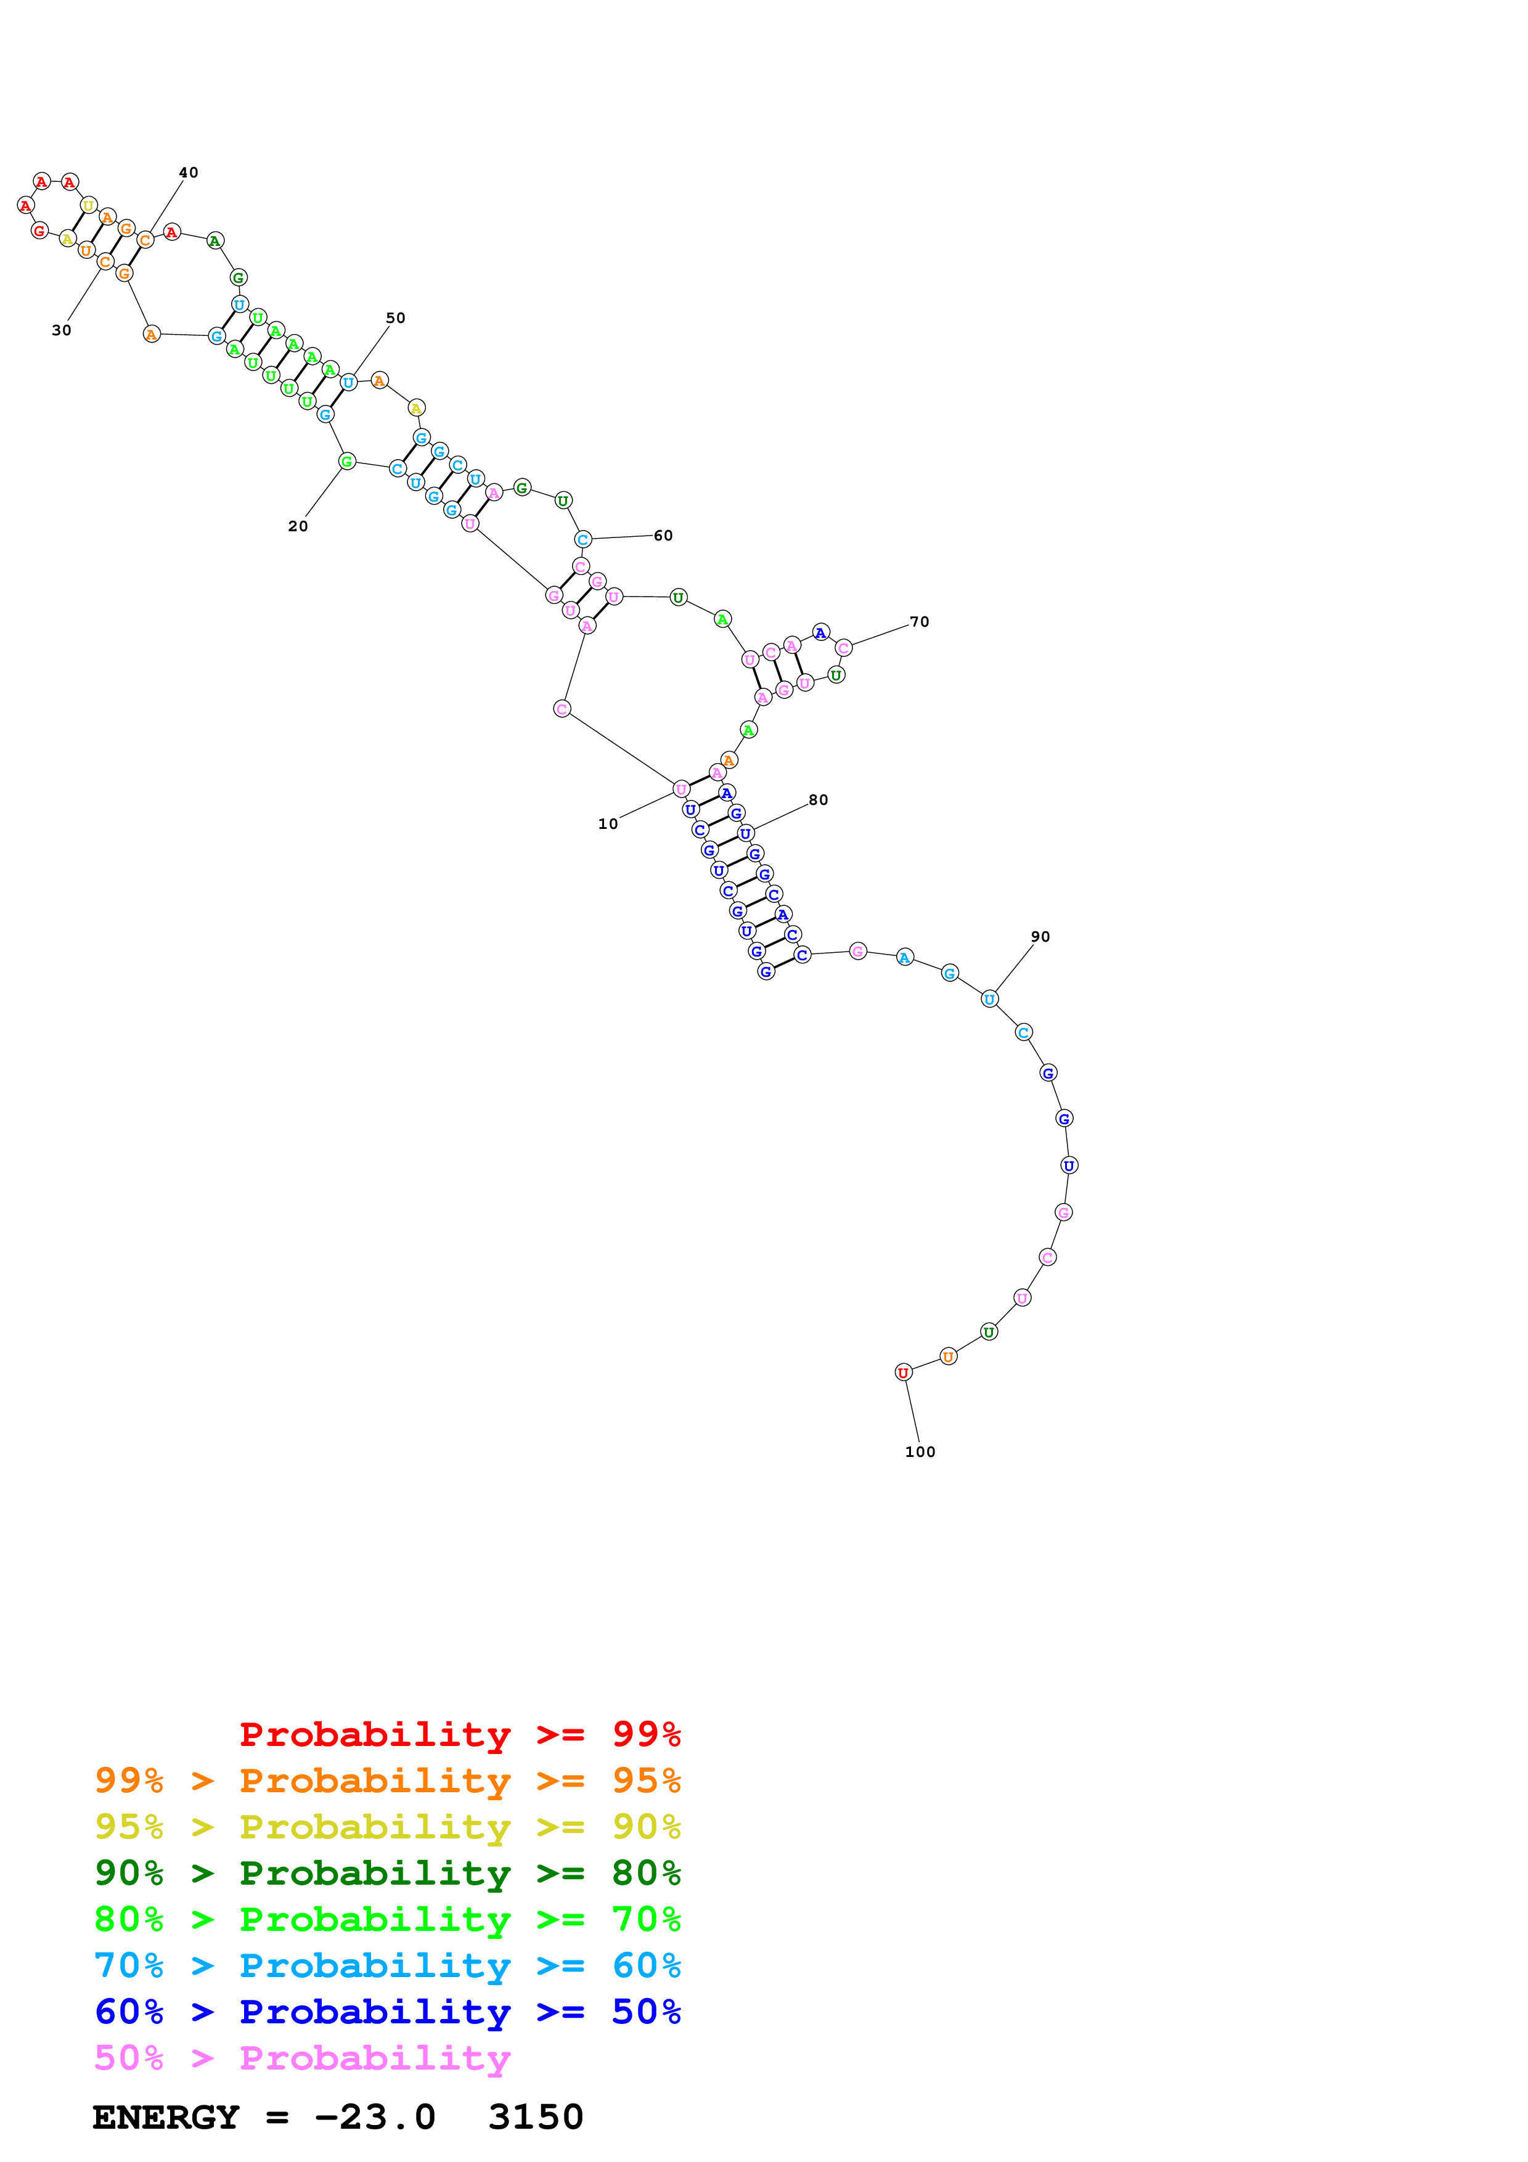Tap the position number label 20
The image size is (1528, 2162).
[x=298, y=526]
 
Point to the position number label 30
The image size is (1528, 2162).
[x=61, y=330]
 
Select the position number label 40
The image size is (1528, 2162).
[x=188, y=173]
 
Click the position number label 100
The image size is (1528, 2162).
[x=920, y=1452]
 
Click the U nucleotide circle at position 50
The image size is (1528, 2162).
[x=348, y=382]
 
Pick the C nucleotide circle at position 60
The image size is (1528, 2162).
[x=582, y=539]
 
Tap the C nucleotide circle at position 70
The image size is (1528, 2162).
[x=844, y=647]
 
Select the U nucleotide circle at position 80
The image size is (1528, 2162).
[x=746, y=833]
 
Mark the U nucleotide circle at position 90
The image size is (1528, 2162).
[x=989, y=999]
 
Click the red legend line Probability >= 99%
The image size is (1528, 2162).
[x=459, y=1734]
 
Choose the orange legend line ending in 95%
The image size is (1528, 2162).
[x=387, y=1781]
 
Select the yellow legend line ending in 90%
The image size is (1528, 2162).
[x=387, y=1827]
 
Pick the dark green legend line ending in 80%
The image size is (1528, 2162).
[x=387, y=1873]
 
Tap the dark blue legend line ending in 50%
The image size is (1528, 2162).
[x=387, y=2012]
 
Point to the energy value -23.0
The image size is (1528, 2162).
[x=375, y=2117]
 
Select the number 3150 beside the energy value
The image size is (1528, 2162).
[x=536, y=2117]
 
